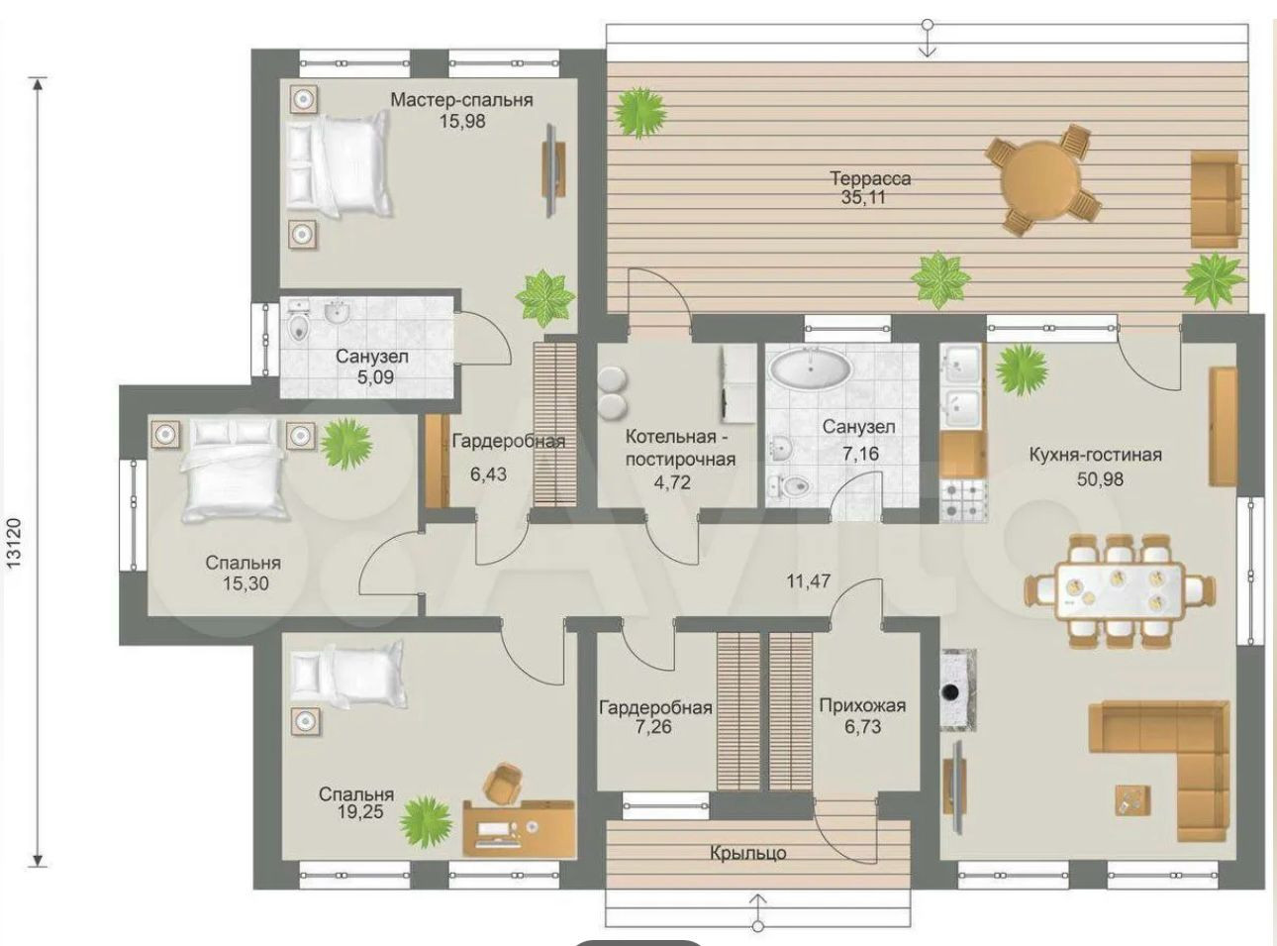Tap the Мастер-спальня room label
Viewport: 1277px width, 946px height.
(461, 100)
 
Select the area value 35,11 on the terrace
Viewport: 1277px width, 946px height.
(863, 197)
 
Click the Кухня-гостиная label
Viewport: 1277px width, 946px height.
(1096, 455)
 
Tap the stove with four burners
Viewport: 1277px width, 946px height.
(964, 500)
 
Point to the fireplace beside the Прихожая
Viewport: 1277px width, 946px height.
(958, 689)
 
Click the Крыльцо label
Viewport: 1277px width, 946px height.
(748, 852)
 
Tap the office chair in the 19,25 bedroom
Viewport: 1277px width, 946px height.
(504, 782)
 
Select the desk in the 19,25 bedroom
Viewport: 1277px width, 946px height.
(519, 827)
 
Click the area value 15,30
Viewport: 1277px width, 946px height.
(246, 583)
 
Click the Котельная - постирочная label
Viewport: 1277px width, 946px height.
(680, 448)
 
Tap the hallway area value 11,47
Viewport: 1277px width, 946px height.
(809, 580)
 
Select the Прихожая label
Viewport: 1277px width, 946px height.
(862, 705)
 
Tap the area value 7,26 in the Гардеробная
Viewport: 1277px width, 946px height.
(653, 726)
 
